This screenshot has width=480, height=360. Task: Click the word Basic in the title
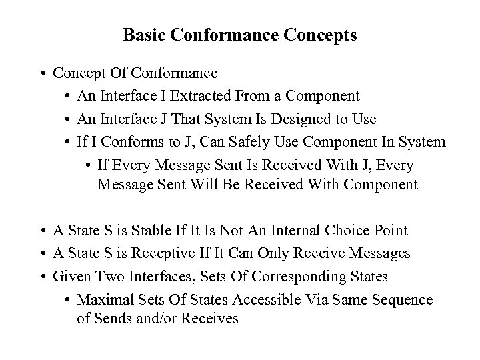[x=141, y=35]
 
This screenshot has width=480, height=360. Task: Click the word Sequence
[x=403, y=299]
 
